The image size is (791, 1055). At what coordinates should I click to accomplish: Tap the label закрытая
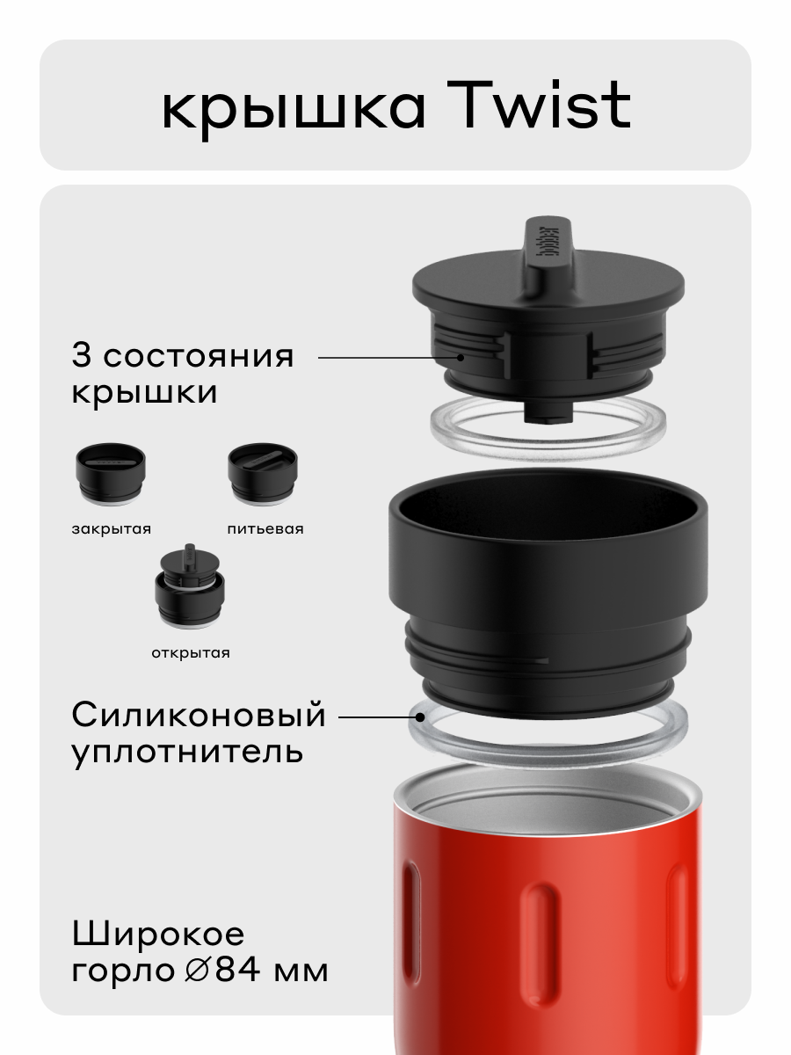111,529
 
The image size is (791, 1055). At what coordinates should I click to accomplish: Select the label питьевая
265,529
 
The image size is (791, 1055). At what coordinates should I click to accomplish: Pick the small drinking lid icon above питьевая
263,476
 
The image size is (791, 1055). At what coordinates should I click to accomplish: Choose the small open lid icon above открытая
188,590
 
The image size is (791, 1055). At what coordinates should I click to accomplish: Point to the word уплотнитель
187,753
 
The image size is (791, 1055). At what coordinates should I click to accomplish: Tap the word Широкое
158,934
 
